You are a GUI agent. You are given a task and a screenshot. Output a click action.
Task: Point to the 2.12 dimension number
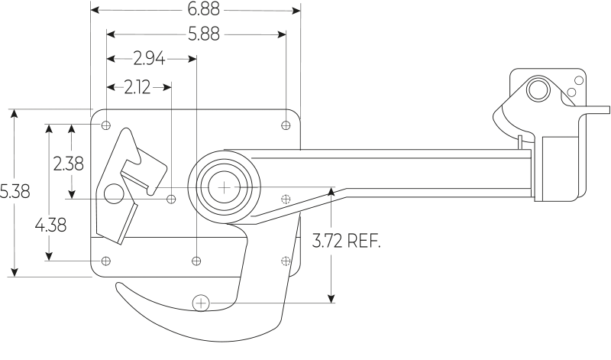coord(137,87)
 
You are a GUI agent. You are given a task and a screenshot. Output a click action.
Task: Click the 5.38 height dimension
coord(15,192)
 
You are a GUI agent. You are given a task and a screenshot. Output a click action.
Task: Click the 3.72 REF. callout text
coord(346,242)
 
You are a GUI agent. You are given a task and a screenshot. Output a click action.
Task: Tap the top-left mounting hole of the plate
coord(106,125)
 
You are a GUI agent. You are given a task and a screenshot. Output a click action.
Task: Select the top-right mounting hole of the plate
coord(286,125)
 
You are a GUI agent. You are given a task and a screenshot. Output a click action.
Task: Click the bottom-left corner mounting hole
coord(106,261)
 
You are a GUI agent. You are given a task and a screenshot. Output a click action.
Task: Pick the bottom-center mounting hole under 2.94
coord(196,261)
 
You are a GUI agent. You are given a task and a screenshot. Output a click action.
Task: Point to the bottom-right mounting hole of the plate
coord(286,261)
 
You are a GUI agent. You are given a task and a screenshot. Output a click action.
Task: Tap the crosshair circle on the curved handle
coord(201,303)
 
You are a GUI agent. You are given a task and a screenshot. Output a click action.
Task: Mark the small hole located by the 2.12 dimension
coord(171,199)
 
